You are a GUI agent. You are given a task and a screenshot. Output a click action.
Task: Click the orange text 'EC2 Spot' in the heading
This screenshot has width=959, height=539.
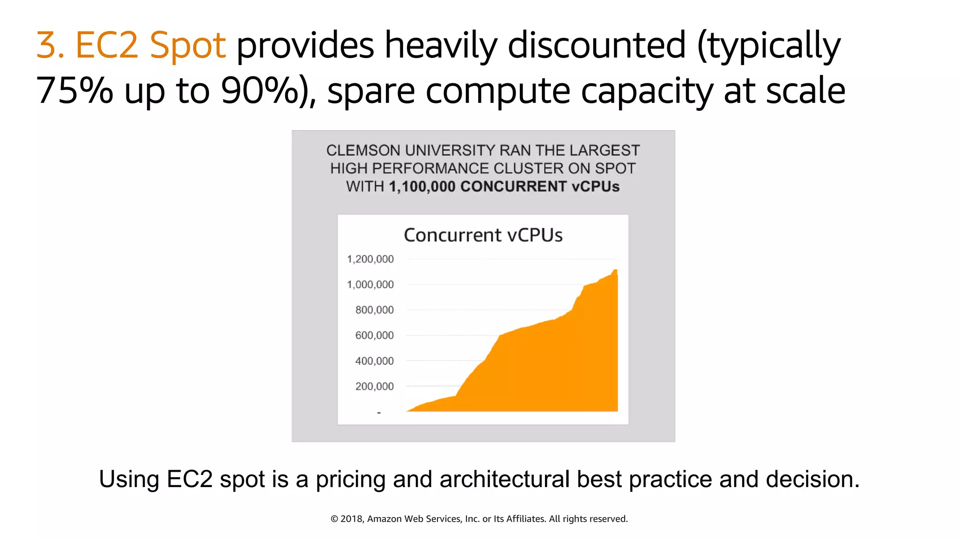pyautogui.click(x=150, y=45)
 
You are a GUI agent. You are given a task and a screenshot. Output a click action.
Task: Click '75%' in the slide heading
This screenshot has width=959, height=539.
pyautogui.click(x=74, y=90)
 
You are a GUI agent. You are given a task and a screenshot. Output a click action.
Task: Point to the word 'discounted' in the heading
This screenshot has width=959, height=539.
pyautogui.click(x=597, y=45)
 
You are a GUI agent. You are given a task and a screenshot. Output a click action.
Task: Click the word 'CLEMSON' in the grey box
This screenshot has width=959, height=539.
pyautogui.click(x=363, y=151)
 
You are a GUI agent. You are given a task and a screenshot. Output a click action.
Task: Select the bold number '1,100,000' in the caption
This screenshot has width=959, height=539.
pyautogui.click(x=422, y=187)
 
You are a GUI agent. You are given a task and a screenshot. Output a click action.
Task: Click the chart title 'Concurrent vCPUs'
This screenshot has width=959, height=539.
pyautogui.click(x=483, y=235)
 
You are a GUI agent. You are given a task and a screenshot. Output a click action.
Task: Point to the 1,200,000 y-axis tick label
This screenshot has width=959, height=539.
pyautogui.click(x=370, y=259)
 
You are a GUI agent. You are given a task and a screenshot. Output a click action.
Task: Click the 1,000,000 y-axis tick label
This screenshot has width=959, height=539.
pyautogui.click(x=370, y=284)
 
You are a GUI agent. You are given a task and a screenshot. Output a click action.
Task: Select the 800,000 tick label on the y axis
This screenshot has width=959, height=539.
pyautogui.click(x=374, y=310)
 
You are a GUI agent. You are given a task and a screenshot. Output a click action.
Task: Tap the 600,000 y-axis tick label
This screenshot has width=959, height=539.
pyautogui.click(x=374, y=335)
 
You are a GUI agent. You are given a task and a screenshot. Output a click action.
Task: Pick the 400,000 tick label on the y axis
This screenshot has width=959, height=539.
pyautogui.click(x=374, y=361)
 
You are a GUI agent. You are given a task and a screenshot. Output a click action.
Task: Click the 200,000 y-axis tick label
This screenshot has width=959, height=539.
pyautogui.click(x=374, y=386)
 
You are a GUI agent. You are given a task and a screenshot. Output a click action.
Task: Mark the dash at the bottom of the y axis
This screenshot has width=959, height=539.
pyautogui.click(x=379, y=413)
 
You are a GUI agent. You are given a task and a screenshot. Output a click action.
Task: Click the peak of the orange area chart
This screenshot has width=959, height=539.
pyautogui.click(x=615, y=270)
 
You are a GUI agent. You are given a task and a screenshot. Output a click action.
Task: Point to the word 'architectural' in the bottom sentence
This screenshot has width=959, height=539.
pyautogui.click(x=504, y=479)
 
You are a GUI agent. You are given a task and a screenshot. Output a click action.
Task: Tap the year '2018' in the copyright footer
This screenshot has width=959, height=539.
pyautogui.click(x=351, y=519)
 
